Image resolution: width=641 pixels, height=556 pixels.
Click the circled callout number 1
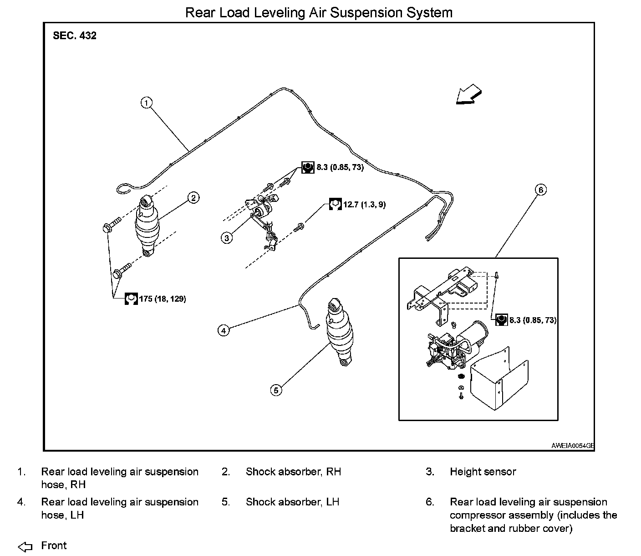click(x=146, y=103)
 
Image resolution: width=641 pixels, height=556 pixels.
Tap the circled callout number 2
click(x=193, y=197)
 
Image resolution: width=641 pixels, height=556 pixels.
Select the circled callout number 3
click(x=227, y=237)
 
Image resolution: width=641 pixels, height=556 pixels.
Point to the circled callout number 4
click(x=224, y=330)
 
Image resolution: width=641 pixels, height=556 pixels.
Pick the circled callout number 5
click(x=276, y=390)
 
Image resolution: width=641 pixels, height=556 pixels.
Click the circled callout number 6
click(x=540, y=190)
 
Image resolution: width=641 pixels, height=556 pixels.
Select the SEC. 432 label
click(x=75, y=36)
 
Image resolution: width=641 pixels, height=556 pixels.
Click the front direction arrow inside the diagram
click(x=468, y=95)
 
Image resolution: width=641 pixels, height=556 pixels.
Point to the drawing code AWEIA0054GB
click(x=572, y=446)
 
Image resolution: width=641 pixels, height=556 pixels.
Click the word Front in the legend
click(x=54, y=546)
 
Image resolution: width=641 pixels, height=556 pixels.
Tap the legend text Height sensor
click(x=483, y=472)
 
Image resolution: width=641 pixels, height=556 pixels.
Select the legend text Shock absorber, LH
click(x=292, y=502)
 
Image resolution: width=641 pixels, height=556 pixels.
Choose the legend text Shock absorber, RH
click(x=293, y=472)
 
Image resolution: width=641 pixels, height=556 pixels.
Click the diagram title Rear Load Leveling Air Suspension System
click(x=319, y=12)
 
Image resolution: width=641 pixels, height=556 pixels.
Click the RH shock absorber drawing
click(x=147, y=226)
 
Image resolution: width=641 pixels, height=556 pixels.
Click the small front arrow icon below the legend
click(x=25, y=546)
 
